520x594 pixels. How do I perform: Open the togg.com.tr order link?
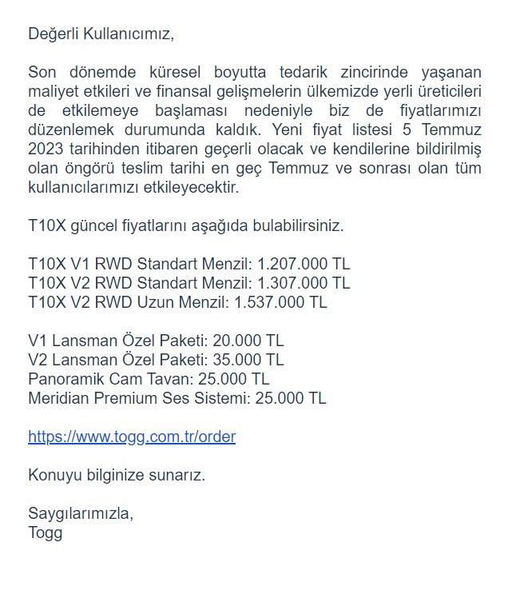pyautogui.click(x=132, y=437)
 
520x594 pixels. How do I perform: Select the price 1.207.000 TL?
pyautogui.click(x=304, y=264)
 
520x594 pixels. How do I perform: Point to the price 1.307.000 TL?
pyautogui.click(x=304, y=283)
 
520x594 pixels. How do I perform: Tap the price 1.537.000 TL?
pyautogui.click(x=280, y=302)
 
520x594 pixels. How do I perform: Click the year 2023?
pyautogui.click(x=46, y=149)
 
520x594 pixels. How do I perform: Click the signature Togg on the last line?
pyautogui.click(x=45, y=532)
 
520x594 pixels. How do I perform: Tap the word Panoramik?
pyautogui.click(x=62, y=379)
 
